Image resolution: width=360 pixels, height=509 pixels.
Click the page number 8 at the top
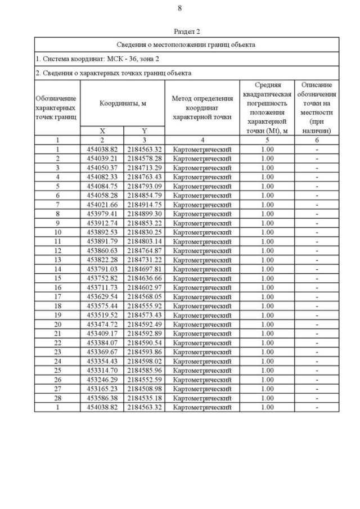coord(179,8)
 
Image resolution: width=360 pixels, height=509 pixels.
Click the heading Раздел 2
coord(187,32)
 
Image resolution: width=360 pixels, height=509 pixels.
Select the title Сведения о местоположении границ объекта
coord(186,44)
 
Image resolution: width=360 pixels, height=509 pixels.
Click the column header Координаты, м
coord(123,103)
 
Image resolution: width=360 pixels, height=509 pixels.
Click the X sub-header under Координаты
coord(102,130)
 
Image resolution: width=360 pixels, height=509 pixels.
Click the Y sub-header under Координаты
coord(144,130)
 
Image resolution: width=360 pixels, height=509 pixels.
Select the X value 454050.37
coord(102,168)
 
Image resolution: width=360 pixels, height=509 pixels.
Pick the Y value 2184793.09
coord(144,186)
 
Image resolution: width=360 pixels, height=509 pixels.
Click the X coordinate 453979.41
coord(102,214)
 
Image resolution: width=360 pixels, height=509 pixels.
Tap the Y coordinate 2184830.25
coord(144,232)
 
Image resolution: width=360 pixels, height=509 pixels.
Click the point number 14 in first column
coord(57,269)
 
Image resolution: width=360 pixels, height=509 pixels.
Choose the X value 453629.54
coord(102,296)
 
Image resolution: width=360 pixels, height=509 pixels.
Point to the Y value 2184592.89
coord(144,334)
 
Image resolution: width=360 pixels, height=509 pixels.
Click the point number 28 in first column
coord(57,398)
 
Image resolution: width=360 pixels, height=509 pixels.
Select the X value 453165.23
coord(102,389)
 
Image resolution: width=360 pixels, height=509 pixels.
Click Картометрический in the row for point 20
coord(202,325)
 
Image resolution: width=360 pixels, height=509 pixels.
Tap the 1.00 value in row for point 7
coord(267,205)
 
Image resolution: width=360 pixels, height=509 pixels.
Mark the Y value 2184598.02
coord(144,361)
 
